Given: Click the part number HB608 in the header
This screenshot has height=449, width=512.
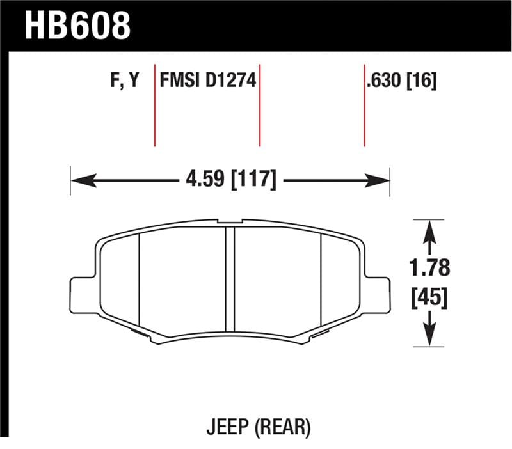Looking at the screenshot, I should [x=77, y=26].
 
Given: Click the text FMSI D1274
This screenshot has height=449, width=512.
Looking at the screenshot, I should [x=207, y=81].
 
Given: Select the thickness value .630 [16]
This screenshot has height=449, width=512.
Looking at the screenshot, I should [x=401, y=81].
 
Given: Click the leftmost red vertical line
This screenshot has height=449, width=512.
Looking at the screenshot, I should [x=155, y=106].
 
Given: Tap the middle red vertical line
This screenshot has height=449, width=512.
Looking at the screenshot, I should [x=260, y=106].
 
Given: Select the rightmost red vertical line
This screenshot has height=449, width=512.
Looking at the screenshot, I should [x=365, y=106].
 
